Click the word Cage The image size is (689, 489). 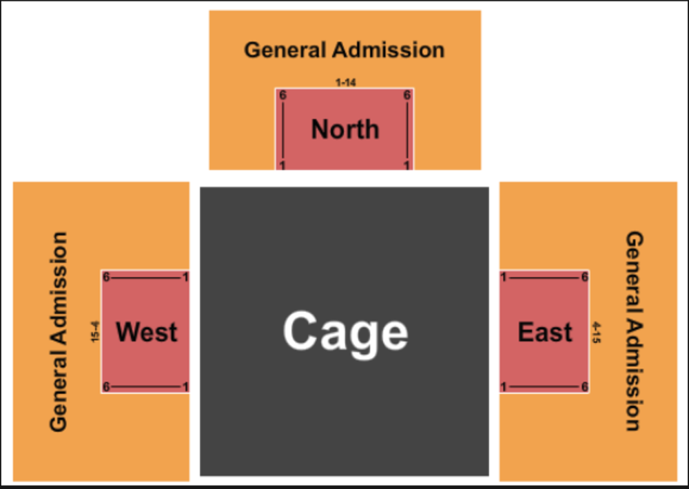coord(345,332)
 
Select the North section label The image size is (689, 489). coord(345,129)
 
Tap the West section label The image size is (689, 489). coord(146,332)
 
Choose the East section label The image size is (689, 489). coord(545,332)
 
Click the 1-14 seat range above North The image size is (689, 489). coord(346,83)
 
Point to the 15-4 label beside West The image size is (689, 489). coord(96,332)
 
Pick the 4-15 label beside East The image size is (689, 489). coord(595,332)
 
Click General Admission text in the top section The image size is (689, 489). coord(344,50)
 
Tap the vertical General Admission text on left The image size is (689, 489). coord(59,331)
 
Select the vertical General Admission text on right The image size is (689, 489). coord(633,331)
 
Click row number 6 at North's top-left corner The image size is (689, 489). coord(282,96)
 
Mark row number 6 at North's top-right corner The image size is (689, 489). coord(407,96)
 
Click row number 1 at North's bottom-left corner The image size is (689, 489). coord(282,165)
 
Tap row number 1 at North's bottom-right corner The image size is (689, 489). coord(407,165)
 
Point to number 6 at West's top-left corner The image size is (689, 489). coord(106,278)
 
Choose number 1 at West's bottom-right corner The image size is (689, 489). coord(185,387)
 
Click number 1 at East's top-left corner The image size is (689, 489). coord(504,278)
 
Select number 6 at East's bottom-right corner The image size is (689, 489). coord(584,387)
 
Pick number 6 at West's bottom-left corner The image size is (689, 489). coord(106,387)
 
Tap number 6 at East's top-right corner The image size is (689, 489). coord(584,278)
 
